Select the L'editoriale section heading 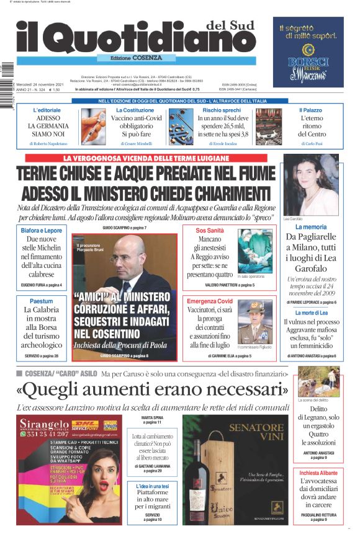point(47,110)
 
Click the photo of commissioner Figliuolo point(254,321)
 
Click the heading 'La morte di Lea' point(311,313)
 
